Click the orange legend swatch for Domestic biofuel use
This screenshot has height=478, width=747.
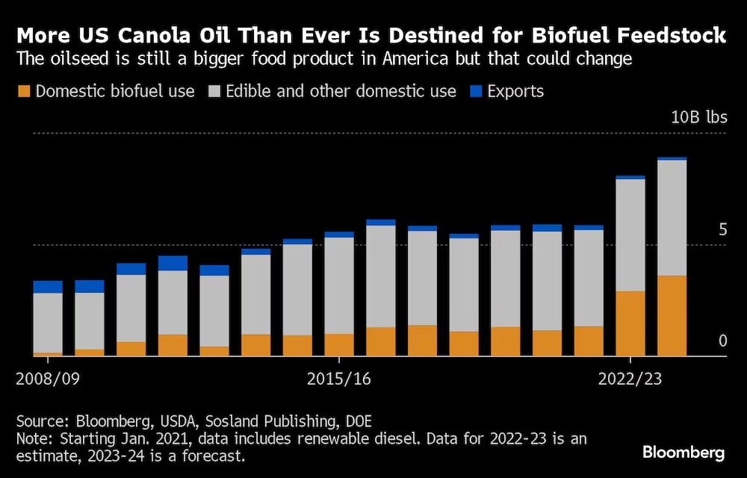coord(24,92)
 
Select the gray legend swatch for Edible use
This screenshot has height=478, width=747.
coord(214,92)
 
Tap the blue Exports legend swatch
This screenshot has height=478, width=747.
coord(476,92)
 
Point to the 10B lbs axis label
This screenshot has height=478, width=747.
coord(698,118)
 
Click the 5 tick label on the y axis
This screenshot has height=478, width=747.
coord(722,229)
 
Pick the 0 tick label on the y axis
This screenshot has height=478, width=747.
coord(722,341)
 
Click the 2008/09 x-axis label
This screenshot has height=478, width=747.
coord(48,379)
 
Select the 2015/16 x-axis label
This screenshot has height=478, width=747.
coord(339,379)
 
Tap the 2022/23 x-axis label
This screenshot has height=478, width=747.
coord(630,379)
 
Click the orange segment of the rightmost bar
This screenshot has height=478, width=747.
coord(672,316)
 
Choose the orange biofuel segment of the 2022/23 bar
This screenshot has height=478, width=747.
coord(630,323)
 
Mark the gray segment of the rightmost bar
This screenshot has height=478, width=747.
coord(672,217)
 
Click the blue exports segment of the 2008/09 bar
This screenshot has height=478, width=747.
coord(48,287)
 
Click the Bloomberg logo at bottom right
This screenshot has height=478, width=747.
coord(684,452)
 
